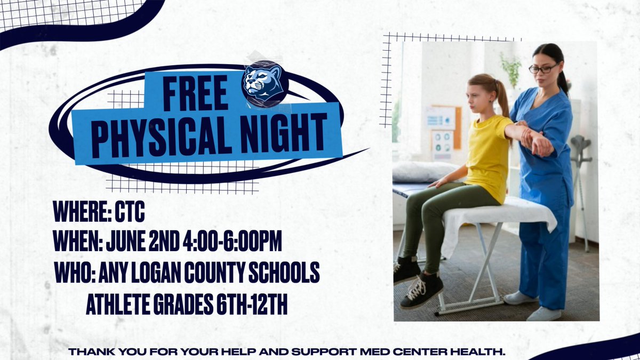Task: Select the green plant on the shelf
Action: (510, 69)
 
